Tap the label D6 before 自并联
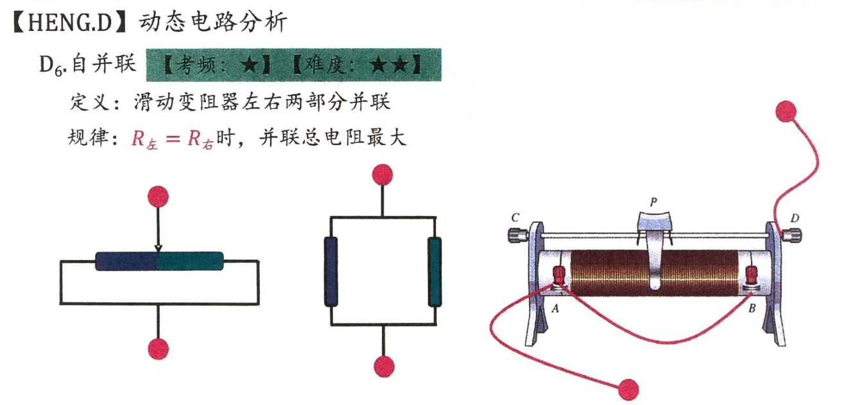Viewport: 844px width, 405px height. (52, 65)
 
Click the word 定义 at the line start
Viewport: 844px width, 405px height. (86, 102)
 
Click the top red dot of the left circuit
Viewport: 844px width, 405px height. (158, 196)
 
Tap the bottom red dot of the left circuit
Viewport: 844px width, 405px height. (158, 349)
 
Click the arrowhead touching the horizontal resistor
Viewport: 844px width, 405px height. (158, 249)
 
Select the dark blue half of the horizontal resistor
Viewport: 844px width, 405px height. (126, 261)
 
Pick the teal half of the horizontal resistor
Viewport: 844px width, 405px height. (191, 261)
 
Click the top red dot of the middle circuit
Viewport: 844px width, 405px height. (383, 174)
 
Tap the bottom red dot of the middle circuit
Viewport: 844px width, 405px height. (384, 366)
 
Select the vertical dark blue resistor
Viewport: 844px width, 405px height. (331, 271)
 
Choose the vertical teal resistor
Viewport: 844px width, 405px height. (435, 271)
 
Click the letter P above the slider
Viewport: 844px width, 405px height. (653, 202)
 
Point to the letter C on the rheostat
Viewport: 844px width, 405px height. (515, 218)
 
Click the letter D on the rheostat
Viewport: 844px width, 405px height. (795, 218)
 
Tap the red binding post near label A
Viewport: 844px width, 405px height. (559, 277)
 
